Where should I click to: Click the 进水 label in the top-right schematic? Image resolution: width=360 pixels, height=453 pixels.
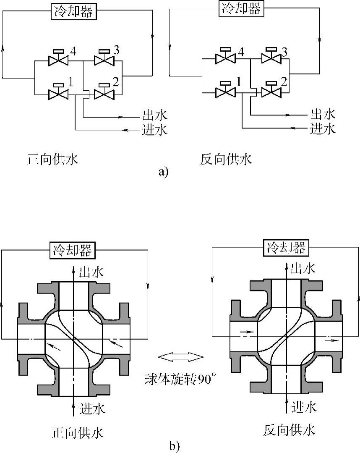pyautogui.click(x=323, y=128)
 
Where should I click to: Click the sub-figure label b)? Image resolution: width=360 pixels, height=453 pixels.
pyautogui.click(x=174, y=446)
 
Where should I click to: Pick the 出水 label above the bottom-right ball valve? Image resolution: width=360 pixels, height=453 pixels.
pyautogui.click(x=303, y=268)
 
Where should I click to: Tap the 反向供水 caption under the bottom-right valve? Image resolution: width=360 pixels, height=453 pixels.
pyautogui.click(x=289, y=430)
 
